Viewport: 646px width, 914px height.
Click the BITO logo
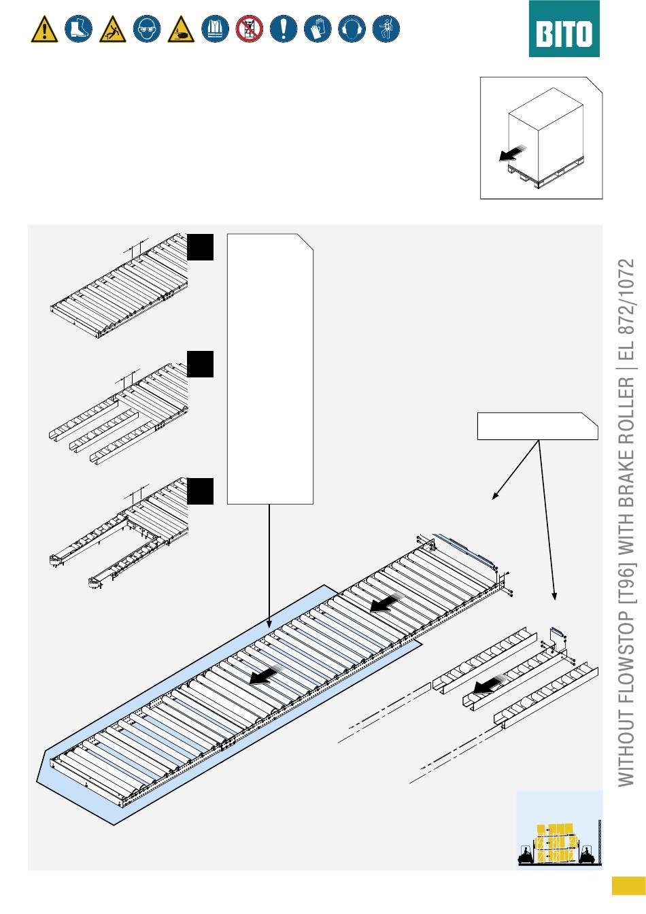point(564,29)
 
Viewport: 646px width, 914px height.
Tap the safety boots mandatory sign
point(78,29)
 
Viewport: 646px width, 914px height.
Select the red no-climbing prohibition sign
point(250,29)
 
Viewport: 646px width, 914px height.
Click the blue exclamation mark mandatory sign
point(284,29)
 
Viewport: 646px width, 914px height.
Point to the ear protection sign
point(352,29)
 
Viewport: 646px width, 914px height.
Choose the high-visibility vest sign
point(215,29)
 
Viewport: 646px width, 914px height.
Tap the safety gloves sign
point(318,29)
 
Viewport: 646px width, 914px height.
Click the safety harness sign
point(386,29)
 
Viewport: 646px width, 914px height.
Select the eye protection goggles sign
point(147,29)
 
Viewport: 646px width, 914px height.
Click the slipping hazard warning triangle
point(113,29)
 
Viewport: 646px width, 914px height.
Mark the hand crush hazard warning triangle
point(181,29)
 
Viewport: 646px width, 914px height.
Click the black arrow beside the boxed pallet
point(513,154)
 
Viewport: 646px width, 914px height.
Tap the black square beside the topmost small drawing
point(200,247)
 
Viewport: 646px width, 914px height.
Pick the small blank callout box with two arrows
point(538,426)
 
